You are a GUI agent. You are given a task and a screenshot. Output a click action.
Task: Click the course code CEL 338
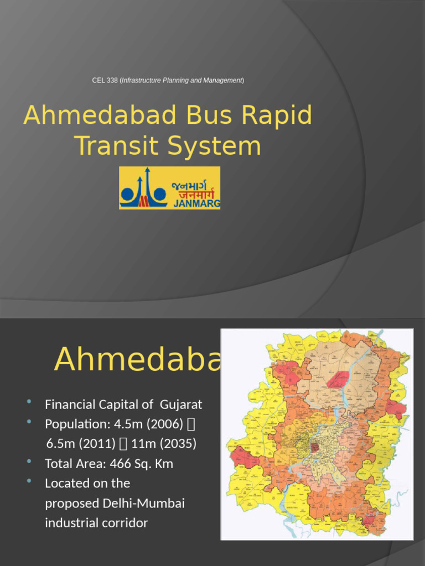pos(105,81)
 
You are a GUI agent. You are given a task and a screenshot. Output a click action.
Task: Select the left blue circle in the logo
pos(127,194)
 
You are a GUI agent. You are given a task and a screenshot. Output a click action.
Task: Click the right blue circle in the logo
pos(160,194)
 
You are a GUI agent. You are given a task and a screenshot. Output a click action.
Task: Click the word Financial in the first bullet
pos(71,405)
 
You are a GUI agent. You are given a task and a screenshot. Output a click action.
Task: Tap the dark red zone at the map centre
pos(314,447)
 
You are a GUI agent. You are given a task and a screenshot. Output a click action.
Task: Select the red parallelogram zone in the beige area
pos(338,379)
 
